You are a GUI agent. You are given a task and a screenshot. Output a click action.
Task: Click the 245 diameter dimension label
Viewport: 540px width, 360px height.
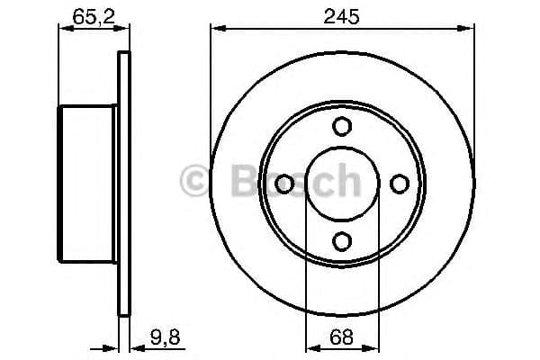[x=342, y=15]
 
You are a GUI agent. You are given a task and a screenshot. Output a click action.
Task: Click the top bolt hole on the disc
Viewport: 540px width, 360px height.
[x=342, y=127]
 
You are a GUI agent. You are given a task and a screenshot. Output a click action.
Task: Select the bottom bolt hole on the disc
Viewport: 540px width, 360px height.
[x=342, y=240]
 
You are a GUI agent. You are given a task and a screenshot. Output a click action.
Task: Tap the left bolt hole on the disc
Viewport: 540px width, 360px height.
[x=285, y=184]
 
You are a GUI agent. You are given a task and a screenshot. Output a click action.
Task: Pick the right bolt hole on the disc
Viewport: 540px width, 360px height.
[x=399, y=184]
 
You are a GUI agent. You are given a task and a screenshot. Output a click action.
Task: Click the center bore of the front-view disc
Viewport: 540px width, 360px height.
[x=342, y=184]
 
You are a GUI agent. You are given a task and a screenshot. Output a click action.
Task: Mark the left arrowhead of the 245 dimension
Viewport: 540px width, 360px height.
[x=216, y=29]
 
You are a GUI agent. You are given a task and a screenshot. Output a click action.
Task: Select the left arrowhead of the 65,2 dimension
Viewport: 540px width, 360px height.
[x=63, y=29]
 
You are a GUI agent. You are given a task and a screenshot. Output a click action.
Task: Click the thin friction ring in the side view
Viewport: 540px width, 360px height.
[x=124, y=184]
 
